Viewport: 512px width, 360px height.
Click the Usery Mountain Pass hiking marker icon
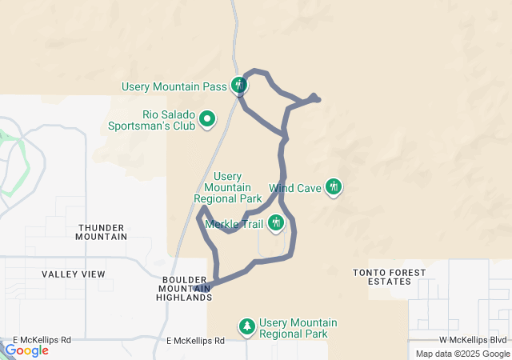tap(238, 84)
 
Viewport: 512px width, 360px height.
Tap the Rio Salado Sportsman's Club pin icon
tap(207, 120)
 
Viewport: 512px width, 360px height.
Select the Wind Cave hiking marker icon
tap(334, 187)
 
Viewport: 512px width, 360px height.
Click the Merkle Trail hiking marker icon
tap(276, 222)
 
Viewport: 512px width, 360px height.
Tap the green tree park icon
tap(247, 326)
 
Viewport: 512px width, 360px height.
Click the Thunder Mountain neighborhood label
tap(101, 231)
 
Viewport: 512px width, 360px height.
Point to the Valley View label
tap(73, 274)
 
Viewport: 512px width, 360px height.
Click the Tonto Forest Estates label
tap(390, 278)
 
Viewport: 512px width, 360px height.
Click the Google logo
tap(26, 350)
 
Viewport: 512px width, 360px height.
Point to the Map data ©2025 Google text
tap(462, 354)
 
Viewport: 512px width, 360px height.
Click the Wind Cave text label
tap(294, 188)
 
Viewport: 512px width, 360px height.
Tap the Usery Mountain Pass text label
tap(174, 86)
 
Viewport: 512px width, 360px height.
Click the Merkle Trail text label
tap(235, 223)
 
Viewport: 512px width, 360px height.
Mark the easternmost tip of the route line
tap(319, 99)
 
